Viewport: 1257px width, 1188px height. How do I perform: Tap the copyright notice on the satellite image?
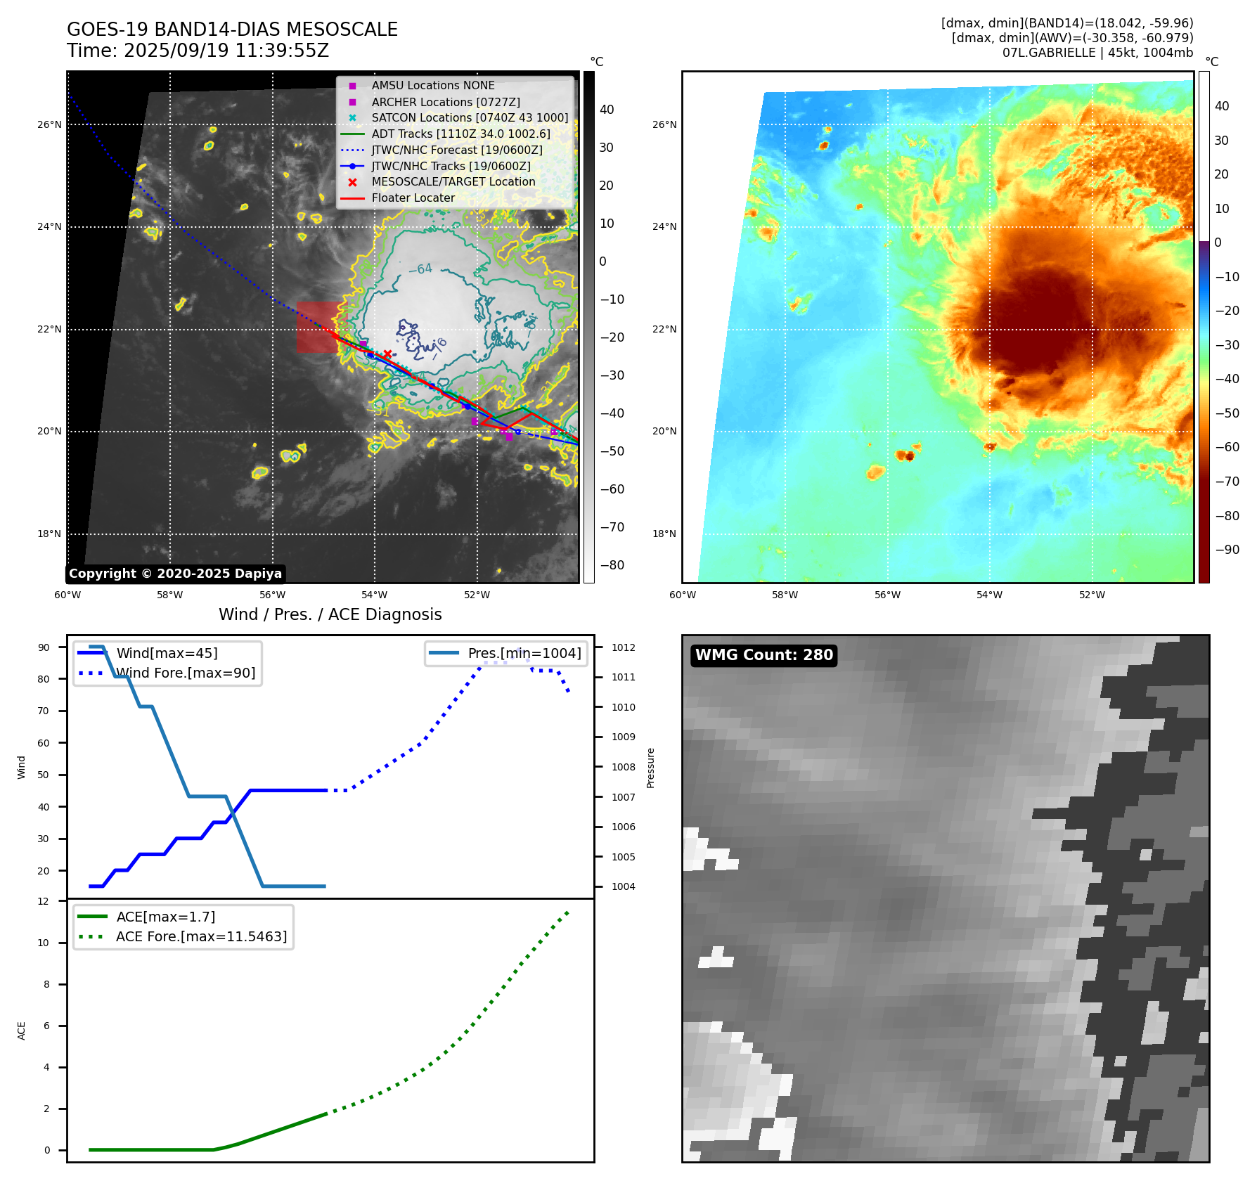(175, 574)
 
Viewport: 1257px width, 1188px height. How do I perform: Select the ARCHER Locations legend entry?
(446, 102)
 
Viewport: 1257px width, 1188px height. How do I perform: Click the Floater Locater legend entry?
(413, 198)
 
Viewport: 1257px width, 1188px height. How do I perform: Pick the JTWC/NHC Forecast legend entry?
(457, 150)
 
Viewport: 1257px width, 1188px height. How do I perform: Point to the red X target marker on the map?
(387, 354)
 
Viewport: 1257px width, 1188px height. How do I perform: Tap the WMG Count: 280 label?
(763, 655)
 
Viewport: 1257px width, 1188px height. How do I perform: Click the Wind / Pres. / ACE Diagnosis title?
(330, 614)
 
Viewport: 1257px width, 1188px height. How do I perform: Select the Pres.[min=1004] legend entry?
(524, 653)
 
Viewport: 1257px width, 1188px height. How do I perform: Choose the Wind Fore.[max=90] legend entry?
(186, 673)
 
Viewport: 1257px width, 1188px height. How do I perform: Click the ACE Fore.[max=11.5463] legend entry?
(201, 936)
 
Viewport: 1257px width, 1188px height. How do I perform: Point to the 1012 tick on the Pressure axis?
(623, 647)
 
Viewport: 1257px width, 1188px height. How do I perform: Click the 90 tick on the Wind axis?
(44, 647)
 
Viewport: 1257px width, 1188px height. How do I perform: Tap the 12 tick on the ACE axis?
(44, 901)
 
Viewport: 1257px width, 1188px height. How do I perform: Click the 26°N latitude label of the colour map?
(664, 125)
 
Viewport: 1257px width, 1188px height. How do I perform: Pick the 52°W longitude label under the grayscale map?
(477, 595)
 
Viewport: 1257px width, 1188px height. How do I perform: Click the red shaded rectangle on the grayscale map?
(316, 327)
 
